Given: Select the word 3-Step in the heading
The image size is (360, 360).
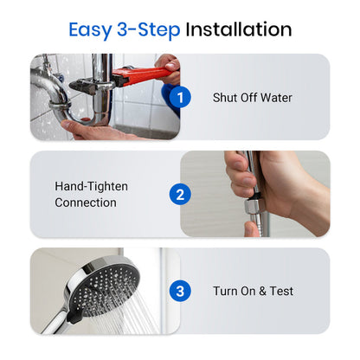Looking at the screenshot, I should [x=148, y=29].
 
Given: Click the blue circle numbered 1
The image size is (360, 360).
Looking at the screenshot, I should [x=179, y=97].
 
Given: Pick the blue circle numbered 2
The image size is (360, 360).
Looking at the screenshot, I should [x=179, y=194].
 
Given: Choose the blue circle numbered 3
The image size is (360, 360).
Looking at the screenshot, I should [x=179, y=291].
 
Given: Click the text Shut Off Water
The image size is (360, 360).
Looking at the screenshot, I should [x=252, y=98].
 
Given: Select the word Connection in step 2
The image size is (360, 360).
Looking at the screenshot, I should [x=85, y=203].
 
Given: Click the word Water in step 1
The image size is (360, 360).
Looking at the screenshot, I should [x=275, y=98].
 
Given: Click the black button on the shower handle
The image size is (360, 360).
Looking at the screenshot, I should [x=74, y=317].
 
